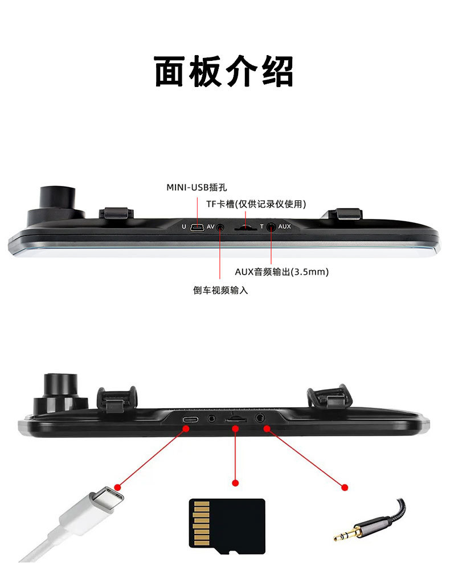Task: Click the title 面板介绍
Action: [224, 71]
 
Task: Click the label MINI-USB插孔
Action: [200, 187]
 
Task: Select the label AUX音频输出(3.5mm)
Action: [282, 272]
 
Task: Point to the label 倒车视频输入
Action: [220, 290]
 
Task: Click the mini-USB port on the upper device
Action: [197, 227]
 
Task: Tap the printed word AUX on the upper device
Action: [284, 226]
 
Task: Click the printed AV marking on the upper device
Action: [210, 226]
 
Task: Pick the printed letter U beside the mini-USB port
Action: [183, 227]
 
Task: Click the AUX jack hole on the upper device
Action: [271, 227]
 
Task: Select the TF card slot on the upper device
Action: [245, 228]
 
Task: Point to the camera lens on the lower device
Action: [60, 384]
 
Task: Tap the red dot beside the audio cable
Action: [344, 487]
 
